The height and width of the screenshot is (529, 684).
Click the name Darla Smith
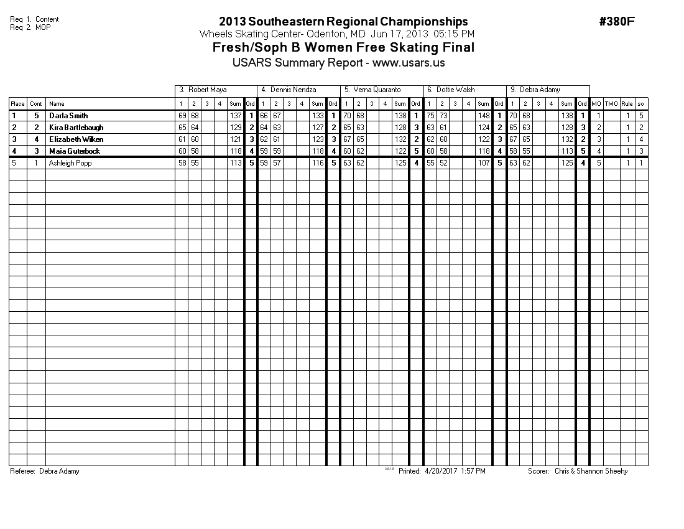click(x=68, y=116)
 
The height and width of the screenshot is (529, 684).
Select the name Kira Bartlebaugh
click(x=76, y=128)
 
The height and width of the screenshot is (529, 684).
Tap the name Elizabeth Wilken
click(x=76, y=139)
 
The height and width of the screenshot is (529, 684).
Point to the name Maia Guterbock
click(x=74, y=151)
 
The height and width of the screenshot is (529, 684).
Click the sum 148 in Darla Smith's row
click(x=484, y=116)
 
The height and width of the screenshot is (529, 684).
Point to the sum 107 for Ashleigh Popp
click(x=484, y=163)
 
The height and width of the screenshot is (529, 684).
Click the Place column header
click(x=17, y=104)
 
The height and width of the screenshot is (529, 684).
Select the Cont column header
click(x=37, y=104)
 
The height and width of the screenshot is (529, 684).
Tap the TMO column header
click(x=611, y=104)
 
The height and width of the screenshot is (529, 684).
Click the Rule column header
click(x=627, y=104)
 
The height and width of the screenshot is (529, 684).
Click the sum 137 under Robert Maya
click(x=235, y=116)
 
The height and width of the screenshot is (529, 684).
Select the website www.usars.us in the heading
click(x=409, y=63)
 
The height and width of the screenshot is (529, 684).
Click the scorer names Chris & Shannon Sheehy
click(x=591, y=471)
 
